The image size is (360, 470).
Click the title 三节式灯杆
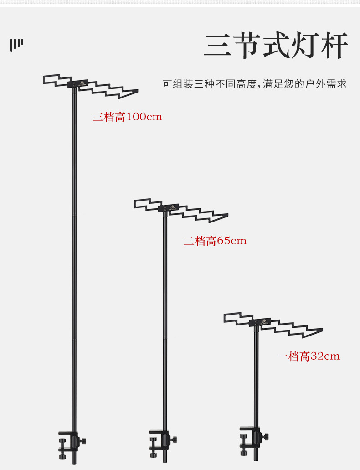pos(276,46)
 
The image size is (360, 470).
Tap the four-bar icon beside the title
pos(17,44)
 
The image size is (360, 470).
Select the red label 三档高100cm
pos(127,117)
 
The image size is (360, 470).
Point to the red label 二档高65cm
pos(215,241)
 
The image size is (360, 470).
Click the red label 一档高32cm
pos(309,356)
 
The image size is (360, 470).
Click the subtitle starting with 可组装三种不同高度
pos(255,84)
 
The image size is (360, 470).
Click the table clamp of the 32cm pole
pos(250,440)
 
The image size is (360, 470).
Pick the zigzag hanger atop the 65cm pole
pos(181,210)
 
